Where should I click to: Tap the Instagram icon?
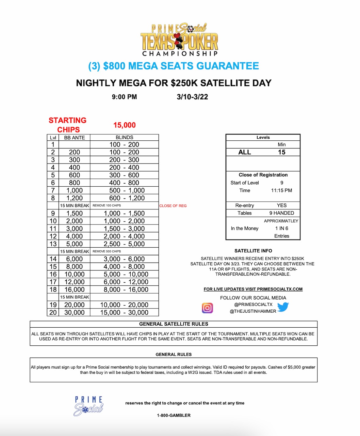pos(207,308)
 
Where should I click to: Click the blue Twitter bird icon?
pos(283,307)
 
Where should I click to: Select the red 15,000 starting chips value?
pos(125,125)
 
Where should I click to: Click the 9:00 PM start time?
pos(124,97)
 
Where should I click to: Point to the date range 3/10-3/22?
pos(192,97)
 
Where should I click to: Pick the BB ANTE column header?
pos(75,138)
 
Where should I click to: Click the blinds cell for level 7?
pos(124,190)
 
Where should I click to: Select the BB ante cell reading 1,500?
pos(75,213)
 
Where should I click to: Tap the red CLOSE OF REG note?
pos(173,206)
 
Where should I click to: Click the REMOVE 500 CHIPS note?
pos(107,251)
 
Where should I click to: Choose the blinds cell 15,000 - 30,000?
pos(124,312)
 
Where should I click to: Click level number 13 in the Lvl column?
pos(53,244)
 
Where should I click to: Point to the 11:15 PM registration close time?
pos(281,190)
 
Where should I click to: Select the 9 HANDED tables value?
pos(281,213)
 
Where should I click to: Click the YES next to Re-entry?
pos(281,205)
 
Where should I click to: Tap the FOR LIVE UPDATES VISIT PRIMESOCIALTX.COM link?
pos(253,289)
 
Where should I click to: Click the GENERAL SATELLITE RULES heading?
pos(174,324)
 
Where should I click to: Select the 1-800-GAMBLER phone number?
pos(174,415)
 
